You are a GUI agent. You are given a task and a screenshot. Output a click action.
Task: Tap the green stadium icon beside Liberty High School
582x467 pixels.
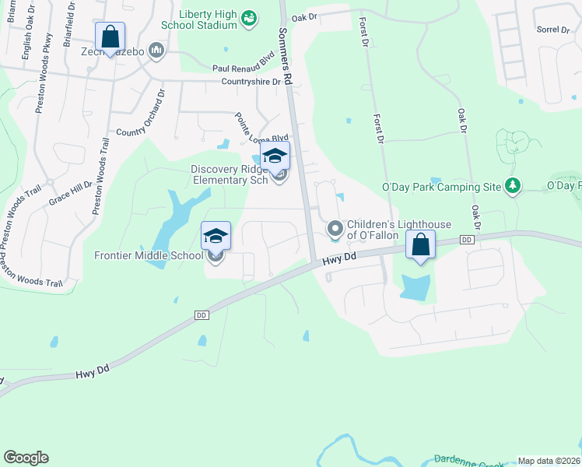(x=249, y=18)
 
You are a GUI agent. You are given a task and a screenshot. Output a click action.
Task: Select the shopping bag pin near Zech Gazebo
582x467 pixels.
(x=110, y=37)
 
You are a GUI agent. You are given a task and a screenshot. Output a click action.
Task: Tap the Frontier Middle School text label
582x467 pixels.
(x=149, y=255)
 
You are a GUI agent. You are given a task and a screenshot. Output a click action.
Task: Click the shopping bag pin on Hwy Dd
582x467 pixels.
(x=421, y=246)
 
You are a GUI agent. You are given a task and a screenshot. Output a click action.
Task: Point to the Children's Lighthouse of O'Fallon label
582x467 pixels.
(x=398, y=230)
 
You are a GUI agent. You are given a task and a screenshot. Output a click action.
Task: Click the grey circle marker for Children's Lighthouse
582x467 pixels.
(x=335, y=229)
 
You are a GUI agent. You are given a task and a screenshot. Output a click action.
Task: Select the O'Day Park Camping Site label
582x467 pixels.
(x=441, y=187)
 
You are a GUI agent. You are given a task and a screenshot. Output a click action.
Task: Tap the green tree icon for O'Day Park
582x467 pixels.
(x=513, y=185)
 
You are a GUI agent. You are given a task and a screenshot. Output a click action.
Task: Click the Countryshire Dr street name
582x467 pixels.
(x=251, y=81)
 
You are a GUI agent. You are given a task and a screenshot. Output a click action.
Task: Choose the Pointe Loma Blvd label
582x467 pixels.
(x=262, y=128)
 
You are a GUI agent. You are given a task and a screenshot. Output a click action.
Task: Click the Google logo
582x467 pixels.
(x=26, y=458)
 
